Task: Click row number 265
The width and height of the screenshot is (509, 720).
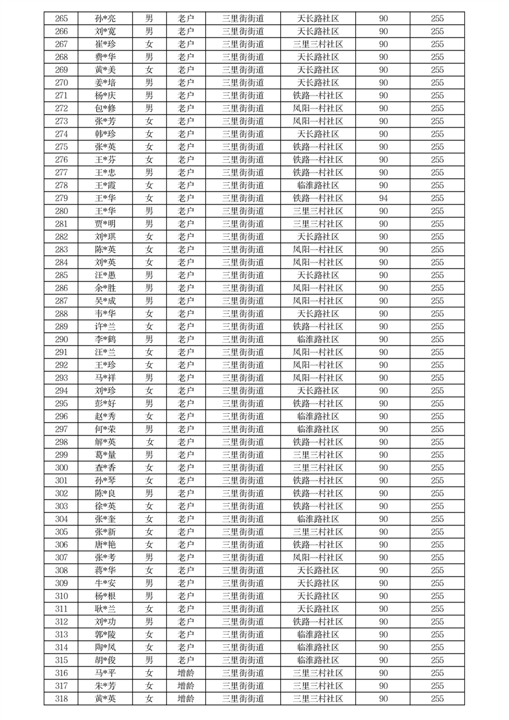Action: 62,19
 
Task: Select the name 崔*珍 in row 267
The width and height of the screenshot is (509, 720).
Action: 105,44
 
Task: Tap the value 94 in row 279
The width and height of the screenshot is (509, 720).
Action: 383,198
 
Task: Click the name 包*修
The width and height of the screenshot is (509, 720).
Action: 105,108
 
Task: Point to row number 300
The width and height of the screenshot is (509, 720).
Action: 62,468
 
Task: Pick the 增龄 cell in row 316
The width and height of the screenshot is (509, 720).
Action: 186,673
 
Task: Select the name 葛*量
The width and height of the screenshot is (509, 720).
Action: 105,455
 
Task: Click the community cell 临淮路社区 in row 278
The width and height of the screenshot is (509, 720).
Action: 318,185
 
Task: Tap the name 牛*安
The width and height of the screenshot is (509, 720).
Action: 105,583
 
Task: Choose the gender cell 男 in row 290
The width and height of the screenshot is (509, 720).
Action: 149,339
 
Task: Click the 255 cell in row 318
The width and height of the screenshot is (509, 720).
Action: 437,699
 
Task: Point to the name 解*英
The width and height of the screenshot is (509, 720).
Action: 105,442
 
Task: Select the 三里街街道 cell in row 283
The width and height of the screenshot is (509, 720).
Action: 242,250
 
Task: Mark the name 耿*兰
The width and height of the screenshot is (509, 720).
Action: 105,609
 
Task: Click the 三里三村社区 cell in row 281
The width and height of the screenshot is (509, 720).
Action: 318,224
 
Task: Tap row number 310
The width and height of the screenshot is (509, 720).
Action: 62,596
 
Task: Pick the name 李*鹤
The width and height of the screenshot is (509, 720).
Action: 105,339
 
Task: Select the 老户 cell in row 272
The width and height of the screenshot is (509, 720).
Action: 186,108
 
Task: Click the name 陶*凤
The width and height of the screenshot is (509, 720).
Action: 105,647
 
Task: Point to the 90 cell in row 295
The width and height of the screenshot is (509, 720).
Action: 383,404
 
